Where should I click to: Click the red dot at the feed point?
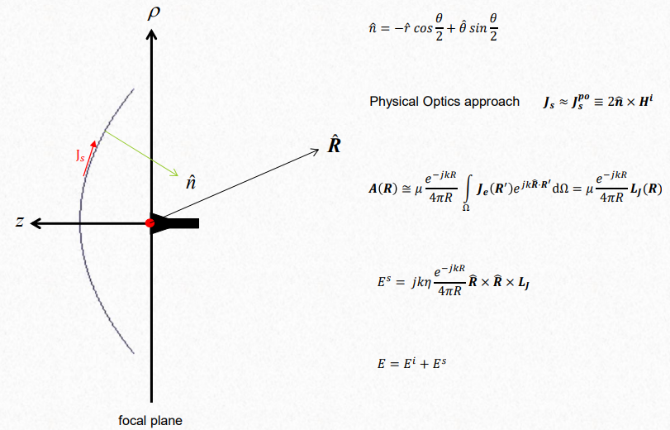tap(150, 223)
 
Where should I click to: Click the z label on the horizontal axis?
tap(19, 222)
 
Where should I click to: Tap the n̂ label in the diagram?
tap(191, 181)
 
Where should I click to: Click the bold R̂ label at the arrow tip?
tap(334, 146)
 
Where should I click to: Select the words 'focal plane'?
tap(150, 420)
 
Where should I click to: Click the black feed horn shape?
tap(178, 223)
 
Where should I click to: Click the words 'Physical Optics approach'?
tap(444, 102)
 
